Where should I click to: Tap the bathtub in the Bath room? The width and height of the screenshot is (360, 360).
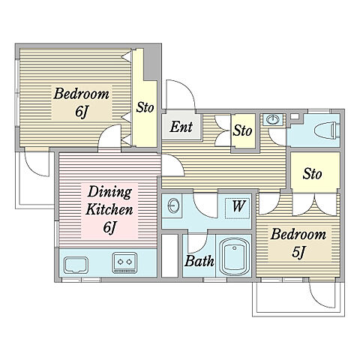pos(234,256)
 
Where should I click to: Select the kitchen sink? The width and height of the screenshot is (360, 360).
pos(76,265)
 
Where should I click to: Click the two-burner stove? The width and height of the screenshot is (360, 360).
pos(124,262)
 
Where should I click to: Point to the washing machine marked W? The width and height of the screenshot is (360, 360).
pos(238,208)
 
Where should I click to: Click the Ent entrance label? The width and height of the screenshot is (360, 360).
pos(181,127)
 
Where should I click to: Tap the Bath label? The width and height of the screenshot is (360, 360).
pos(199,261)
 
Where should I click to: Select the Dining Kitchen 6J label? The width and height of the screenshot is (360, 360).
pos(109,209)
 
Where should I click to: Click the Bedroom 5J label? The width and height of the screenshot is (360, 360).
pos(298,243)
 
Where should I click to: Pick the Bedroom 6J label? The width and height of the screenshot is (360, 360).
pos(82,103)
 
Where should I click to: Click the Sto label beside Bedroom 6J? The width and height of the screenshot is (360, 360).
pos(145,107)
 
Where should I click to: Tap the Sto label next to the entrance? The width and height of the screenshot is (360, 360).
pos(242,130)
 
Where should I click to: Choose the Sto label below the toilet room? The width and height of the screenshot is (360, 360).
pos(312,173)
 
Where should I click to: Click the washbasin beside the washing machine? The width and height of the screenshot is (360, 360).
pos(173,205)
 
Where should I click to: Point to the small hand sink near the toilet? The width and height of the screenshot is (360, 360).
pos(272,119)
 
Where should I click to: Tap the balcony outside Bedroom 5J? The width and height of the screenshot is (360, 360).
pos(298,299)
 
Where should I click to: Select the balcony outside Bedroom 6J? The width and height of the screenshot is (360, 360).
pos(34,180)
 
